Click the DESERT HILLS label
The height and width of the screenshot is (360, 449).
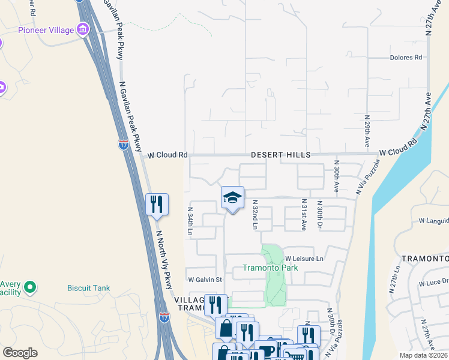pyautogui.click(x=280, y=155)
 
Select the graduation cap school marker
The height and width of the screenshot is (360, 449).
pyautogui.click(x=233, y=198)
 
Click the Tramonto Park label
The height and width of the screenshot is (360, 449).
pyautogui.click(x=270, y=268)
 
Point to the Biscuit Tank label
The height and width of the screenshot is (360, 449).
pyautogui.click(x=88, y=288)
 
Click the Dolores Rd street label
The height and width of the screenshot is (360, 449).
pyautogui.click(x=406, y=58)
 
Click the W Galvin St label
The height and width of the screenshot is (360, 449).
pyautogui.click(x=205, y=280)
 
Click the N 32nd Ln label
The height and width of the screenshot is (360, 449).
pyautogui.click(x=255, y=215)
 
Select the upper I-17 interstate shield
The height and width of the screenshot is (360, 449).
pyautogui.click(x=123, y=145)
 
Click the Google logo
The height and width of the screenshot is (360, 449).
pyautogui.click(x=20, y=352)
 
